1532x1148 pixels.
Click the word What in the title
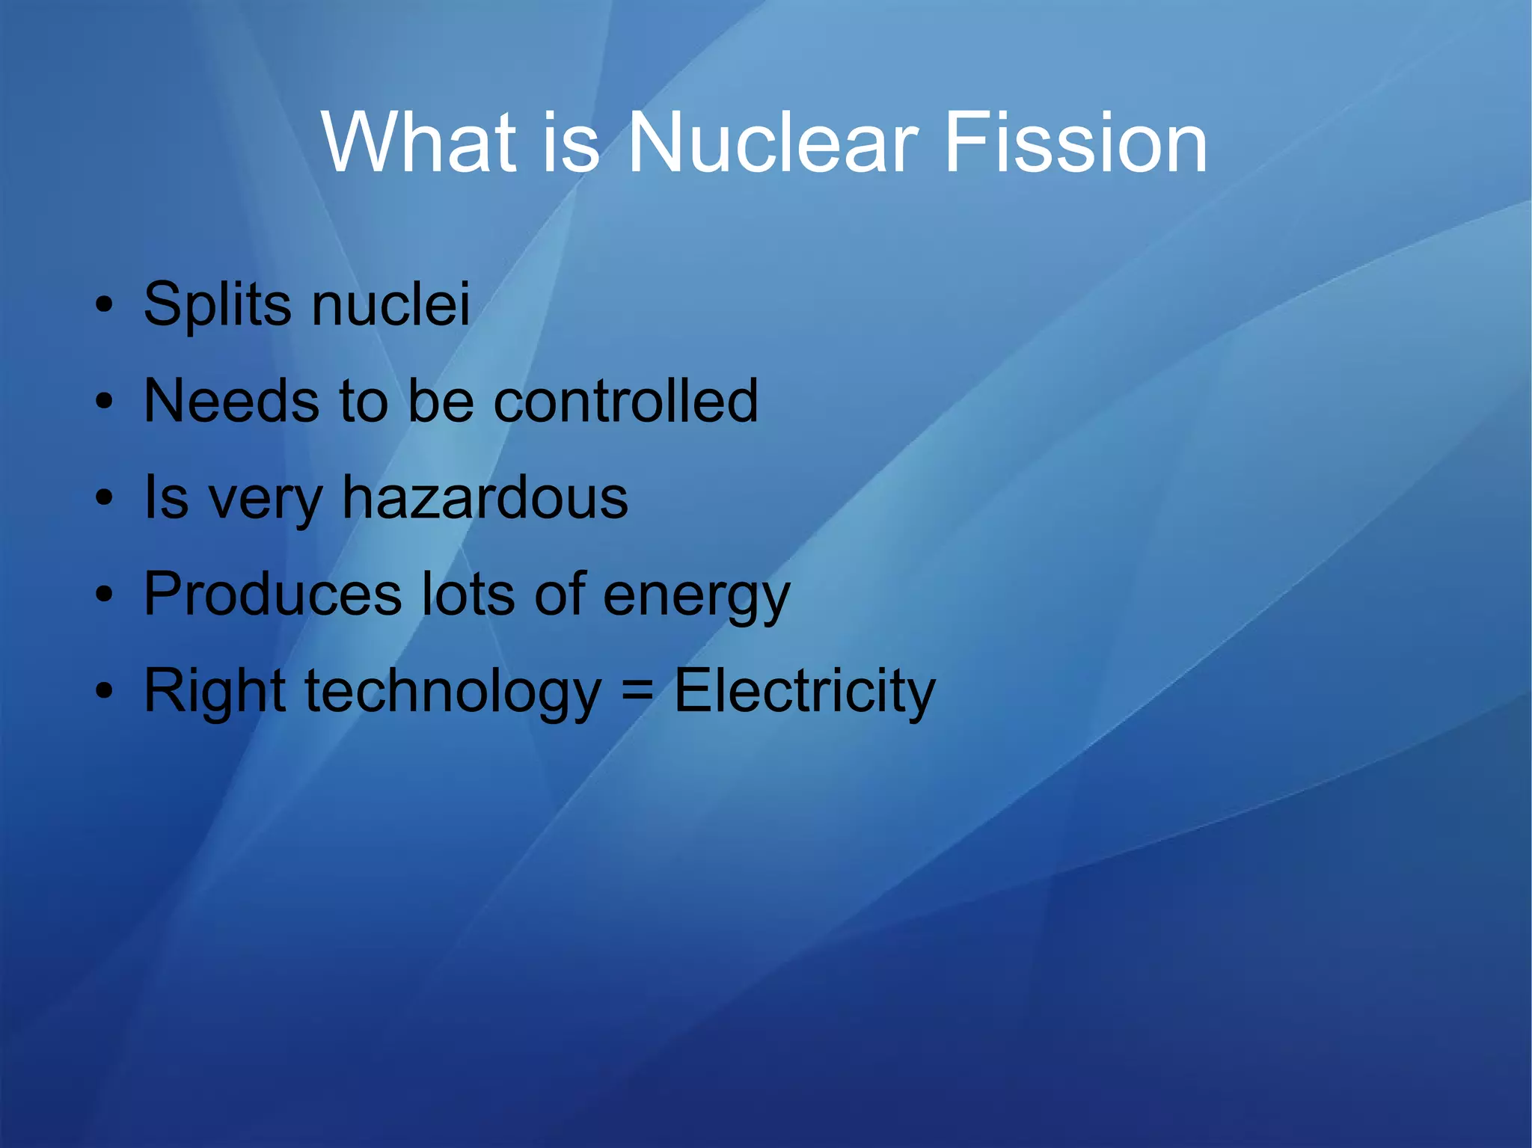(x=419, y=142)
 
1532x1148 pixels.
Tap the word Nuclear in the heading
(x=773, y=142)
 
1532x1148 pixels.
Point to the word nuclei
(x=390, y=304)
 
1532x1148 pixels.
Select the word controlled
(x=625, y=401)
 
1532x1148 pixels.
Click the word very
(x=266, y=500)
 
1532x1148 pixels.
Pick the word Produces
(x=272, y=594)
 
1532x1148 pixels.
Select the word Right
(x=215, y=691)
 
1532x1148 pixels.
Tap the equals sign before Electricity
(x=637, y=693)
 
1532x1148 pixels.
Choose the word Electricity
(x=804, y=691)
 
